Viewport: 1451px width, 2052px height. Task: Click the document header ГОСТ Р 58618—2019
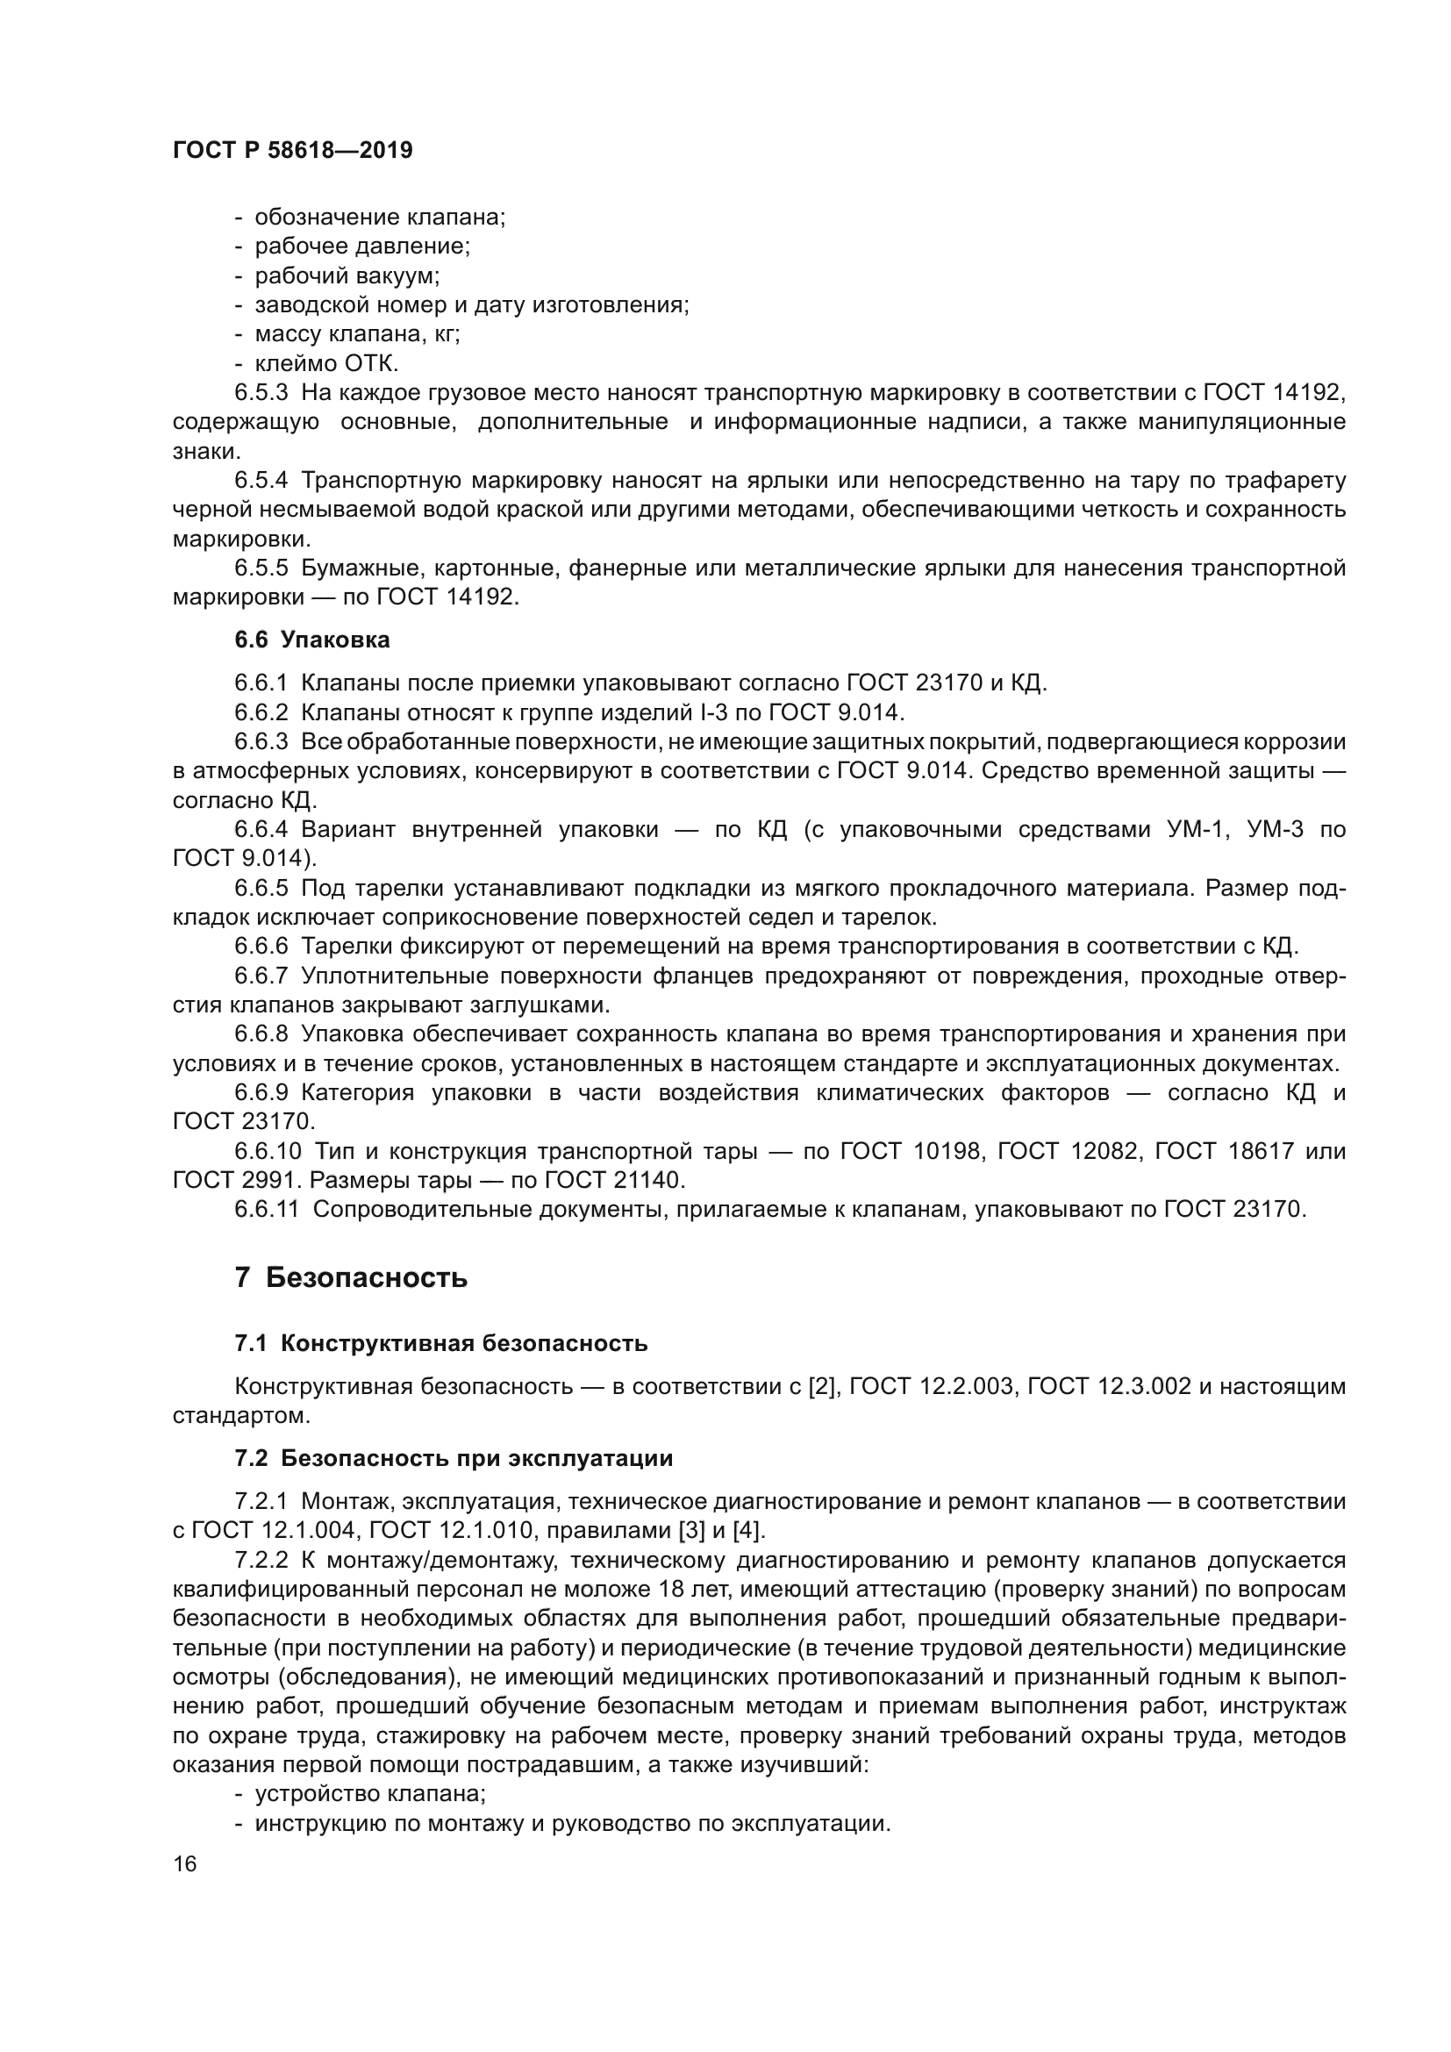coord(292,150)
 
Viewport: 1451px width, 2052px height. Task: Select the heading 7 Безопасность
coord(351,1277)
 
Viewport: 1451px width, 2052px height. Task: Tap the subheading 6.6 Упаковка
coord(311,640)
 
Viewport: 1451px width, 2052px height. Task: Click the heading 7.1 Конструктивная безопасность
coord(440,1343)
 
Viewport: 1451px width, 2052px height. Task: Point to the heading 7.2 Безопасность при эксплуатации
coord(453,1459)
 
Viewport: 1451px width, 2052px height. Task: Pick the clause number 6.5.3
coord(261,393)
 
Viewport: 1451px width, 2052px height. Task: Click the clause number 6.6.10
coord(268,1151)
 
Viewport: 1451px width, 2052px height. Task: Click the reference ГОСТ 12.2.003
coord(932,1386)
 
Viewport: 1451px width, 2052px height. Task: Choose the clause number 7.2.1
coord(261,1501)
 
